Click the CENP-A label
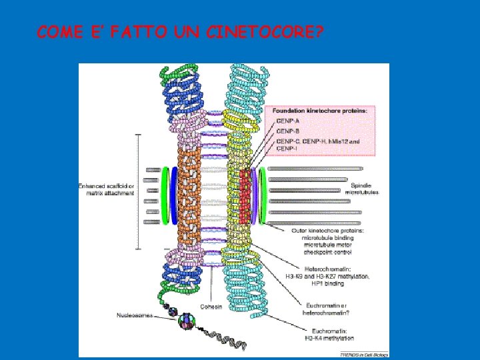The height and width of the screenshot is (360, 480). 287,121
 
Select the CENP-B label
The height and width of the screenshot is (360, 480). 287,131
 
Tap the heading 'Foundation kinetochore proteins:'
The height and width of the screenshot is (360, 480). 319,110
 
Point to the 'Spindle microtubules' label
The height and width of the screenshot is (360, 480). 362,188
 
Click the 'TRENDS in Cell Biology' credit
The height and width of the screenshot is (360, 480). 363,355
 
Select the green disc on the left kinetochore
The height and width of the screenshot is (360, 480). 165,193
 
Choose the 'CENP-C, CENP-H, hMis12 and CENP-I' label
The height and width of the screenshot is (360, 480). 317,145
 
